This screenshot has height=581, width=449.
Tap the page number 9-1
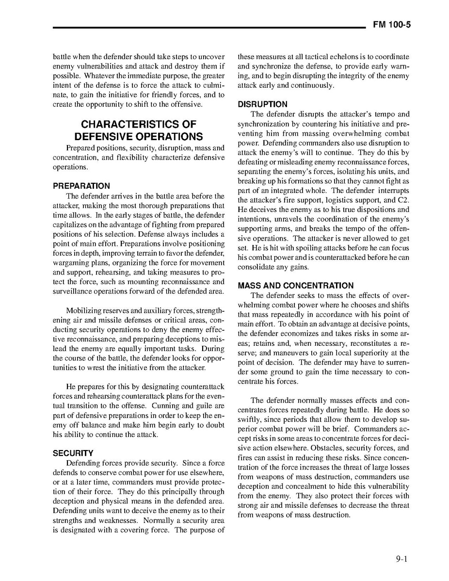(401, 558)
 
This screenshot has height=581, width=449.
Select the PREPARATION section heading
(81, 186)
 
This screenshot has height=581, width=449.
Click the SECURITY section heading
(73, 453)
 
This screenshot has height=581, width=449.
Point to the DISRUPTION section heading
(262, 104)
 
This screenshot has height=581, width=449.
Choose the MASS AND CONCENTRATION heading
(296, 286)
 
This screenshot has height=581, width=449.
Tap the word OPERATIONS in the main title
(168, 137)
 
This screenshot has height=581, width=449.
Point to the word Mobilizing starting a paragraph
(84, 310)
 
